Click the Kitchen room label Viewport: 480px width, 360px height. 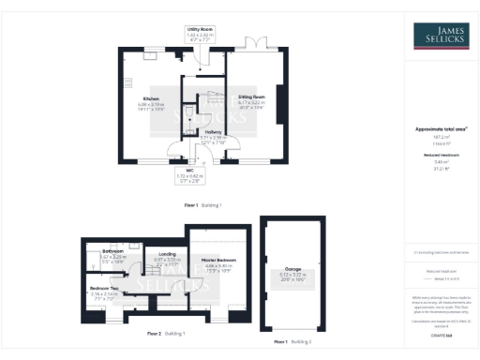click(x=150, y=97)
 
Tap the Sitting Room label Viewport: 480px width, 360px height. click(x=250, y=97)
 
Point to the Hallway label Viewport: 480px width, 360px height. click(x=213, y=132)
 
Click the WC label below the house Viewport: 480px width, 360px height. click(x=188, y=170)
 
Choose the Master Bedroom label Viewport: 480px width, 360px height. click(x=218, y=260)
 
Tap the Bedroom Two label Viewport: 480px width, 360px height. click(x=103, y=289)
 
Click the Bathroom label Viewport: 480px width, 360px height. click(x=113, y=251)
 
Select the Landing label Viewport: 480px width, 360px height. click(x=165, y=254)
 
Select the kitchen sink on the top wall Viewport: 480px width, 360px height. click(x=151, y=53)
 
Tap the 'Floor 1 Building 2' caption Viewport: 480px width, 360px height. click(x=292, y=342)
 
